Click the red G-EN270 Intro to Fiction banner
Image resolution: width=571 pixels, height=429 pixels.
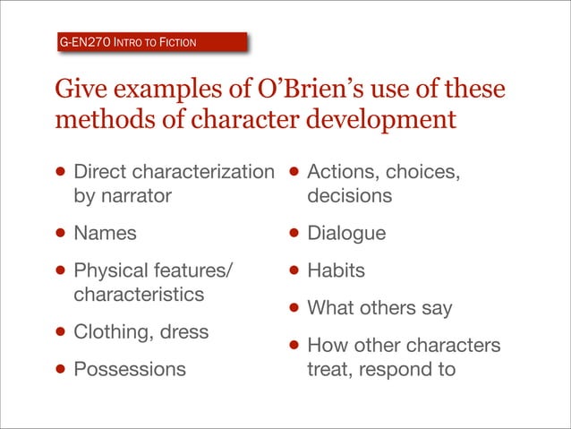pyautogui.click(x=149, y=42)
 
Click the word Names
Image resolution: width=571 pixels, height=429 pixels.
pyautogui.click(x=105, y=234)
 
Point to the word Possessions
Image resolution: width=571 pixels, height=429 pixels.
pyautogui.click(x=130, y=368)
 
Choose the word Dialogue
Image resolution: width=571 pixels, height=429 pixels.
pyautogui.click(x=346, y=234)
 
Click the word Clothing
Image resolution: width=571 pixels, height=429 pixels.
pyautogui.click(x=113, y=331)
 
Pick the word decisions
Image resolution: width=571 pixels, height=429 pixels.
pyautogui.click(x=349, y=195)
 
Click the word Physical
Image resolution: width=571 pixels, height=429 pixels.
pyautogui.click(x=112, y=270)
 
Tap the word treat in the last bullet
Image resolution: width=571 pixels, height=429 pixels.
pyautogui.click(x=328, y=368)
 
